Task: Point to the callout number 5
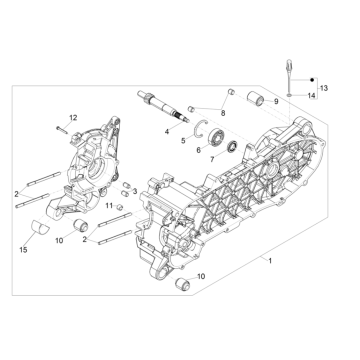coord(183,141)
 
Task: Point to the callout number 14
coord(310,94)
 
